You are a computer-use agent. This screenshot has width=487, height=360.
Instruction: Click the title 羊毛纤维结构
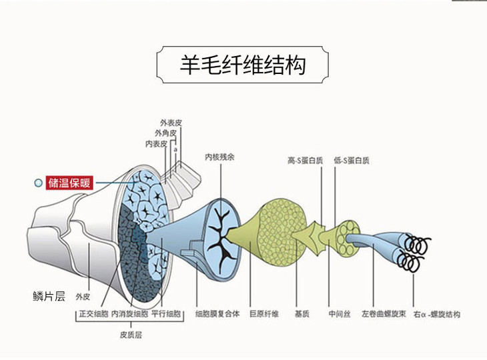(243, 65)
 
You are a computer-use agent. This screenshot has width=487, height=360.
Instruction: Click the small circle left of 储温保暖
(38, 182)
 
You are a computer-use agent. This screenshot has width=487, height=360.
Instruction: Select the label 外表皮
(171, 123)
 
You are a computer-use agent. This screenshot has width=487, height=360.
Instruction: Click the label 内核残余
(219, 158)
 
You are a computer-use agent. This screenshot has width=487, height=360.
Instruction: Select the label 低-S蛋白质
(352, 160)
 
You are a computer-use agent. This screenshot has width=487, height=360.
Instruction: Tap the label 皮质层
(131, 335)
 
